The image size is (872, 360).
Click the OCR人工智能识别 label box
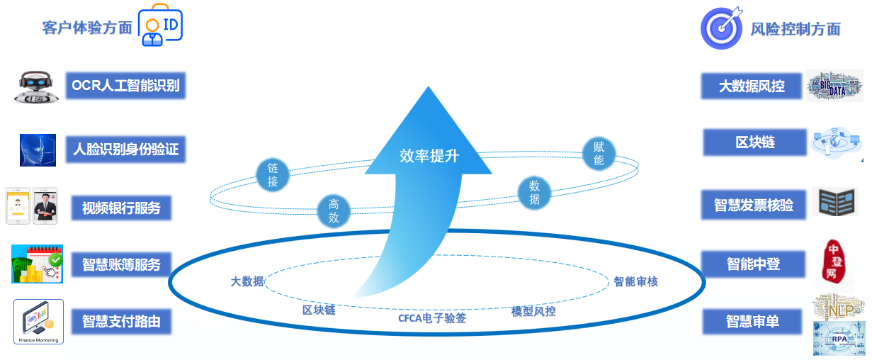125,87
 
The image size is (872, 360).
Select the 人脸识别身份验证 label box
125,150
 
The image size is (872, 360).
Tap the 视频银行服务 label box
121,208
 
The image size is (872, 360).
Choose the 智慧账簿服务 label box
121,264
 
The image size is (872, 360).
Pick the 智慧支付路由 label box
121,321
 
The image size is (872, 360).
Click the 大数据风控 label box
752,86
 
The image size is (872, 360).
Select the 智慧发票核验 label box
753,206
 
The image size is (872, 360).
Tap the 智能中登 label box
753,264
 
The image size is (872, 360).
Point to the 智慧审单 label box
753,321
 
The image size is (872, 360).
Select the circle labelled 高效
334,211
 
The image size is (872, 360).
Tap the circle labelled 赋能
599,154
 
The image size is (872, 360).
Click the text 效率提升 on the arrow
429,156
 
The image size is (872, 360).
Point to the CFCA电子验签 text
432,318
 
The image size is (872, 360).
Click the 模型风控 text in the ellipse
533,311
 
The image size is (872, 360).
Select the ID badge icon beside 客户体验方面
159,27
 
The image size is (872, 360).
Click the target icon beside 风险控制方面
721,27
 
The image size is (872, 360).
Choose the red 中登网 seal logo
833,261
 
